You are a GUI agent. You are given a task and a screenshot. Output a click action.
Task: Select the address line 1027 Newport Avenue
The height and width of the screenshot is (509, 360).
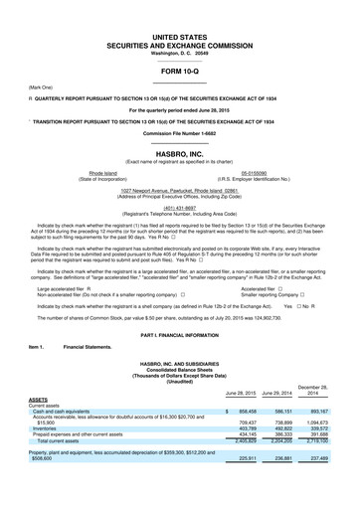pyautogui.click(x=179, y=187)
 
